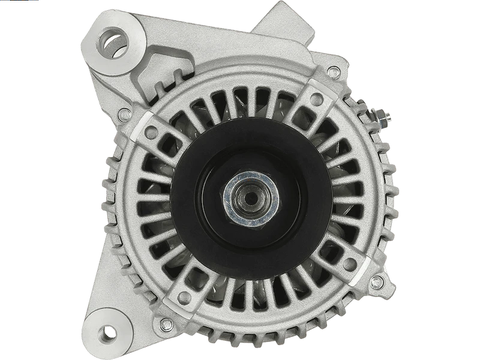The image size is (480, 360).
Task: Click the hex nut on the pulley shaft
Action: point(251,199)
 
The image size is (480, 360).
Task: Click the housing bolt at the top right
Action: point(334,73)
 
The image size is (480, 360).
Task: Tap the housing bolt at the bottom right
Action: point(377,282)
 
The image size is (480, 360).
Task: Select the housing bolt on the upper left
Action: point(125,115)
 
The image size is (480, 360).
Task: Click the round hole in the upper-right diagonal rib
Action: point(316,100)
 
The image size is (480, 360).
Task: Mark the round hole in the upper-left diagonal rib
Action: point(152,132)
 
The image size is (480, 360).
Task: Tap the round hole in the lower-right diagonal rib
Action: point(349,264)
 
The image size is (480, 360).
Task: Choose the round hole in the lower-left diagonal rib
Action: point(185,297)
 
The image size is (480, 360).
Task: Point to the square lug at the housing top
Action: point(279,18)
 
